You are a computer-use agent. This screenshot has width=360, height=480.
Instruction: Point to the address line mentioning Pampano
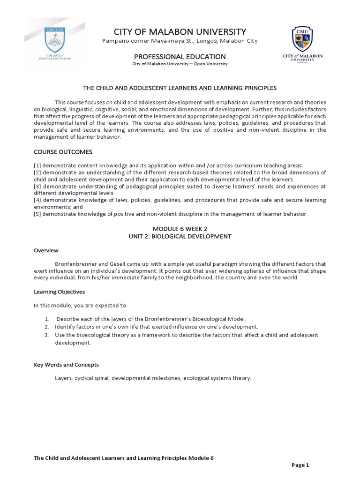[x=180, y=41]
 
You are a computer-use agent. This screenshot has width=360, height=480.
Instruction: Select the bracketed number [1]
[x=37, y=165]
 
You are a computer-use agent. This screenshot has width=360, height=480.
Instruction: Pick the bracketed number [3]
[x=37, y=186]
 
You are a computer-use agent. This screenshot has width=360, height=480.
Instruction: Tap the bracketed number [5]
[x=37, y=214]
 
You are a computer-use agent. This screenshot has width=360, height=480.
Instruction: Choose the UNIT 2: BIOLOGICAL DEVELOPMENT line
[x=180, y=236]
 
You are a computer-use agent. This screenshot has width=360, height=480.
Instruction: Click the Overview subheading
[x=46, y=250]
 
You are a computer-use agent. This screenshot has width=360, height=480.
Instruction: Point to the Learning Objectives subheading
[x=59, y=292]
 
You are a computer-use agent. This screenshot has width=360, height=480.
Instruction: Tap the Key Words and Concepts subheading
[x=66, y=365]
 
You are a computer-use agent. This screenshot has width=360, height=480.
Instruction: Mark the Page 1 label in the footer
[x=300, y=465]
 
